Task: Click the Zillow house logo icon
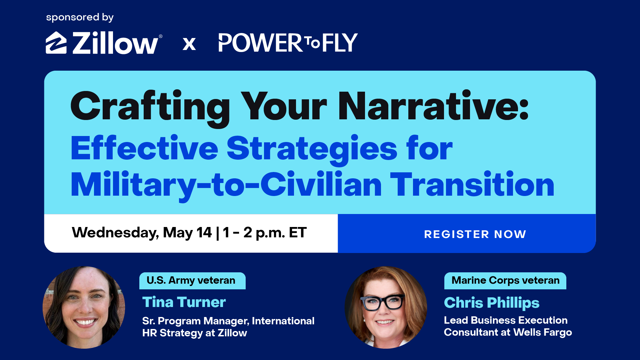click(56, 43)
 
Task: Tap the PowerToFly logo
click(288, 43)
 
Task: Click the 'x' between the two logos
click(189, 44)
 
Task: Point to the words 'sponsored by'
click(80, 17)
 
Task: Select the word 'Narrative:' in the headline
click(433, 106)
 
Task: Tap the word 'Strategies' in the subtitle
click(312, 149)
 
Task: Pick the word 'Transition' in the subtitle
click(472, 184)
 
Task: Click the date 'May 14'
click(187, 233)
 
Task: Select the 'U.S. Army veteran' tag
click(192, 281)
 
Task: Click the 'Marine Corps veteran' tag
click(505, 281)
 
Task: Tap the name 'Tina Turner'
click(184, 302)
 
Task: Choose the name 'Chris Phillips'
click(492, 303)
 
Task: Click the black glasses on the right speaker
click(383, 302)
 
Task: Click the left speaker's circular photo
click(84, 307)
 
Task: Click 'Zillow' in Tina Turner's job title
click(232, 333)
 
